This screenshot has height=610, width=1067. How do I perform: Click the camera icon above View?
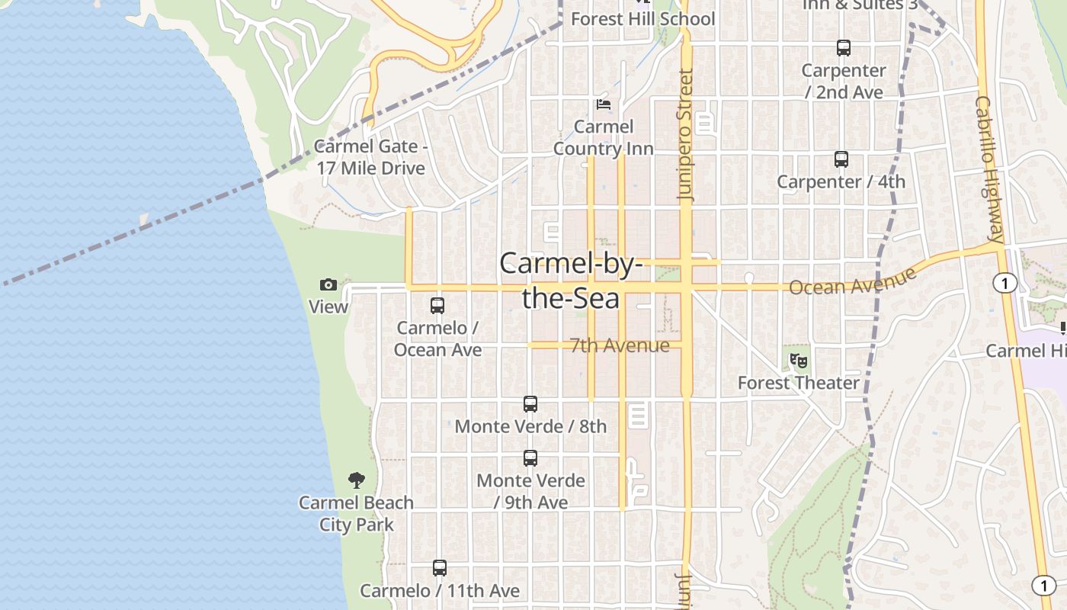tap(328, 285)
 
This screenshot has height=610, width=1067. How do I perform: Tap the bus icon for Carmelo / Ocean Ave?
tap(437, 306)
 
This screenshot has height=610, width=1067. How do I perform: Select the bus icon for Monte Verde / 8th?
tap(530, 404)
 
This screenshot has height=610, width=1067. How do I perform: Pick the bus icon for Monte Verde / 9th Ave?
tap(530, 458)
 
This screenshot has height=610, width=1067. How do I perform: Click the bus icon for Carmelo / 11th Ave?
tap(440, 568)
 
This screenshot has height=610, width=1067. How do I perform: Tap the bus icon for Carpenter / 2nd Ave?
tap(844, 48)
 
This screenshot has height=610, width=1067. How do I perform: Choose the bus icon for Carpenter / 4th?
tap(841, 159)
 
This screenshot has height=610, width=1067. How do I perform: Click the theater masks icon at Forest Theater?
tap(798, 360)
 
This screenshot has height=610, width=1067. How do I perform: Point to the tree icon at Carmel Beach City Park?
tap(356, 480)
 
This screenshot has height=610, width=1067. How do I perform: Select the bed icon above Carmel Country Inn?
tap(604, 104)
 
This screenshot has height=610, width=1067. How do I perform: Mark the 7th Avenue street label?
tap(620, 345)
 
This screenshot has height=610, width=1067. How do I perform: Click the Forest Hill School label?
tap(643, 18)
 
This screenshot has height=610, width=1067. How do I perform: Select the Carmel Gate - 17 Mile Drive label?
tap(371, 157)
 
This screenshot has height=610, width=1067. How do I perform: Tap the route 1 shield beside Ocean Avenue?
tap(1005, 284)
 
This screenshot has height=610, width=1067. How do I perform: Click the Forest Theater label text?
tap(799, 383)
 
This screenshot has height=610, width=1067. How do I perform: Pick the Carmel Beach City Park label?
tap(356, 513)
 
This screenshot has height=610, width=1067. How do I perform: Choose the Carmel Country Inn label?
tap(604, 137)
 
